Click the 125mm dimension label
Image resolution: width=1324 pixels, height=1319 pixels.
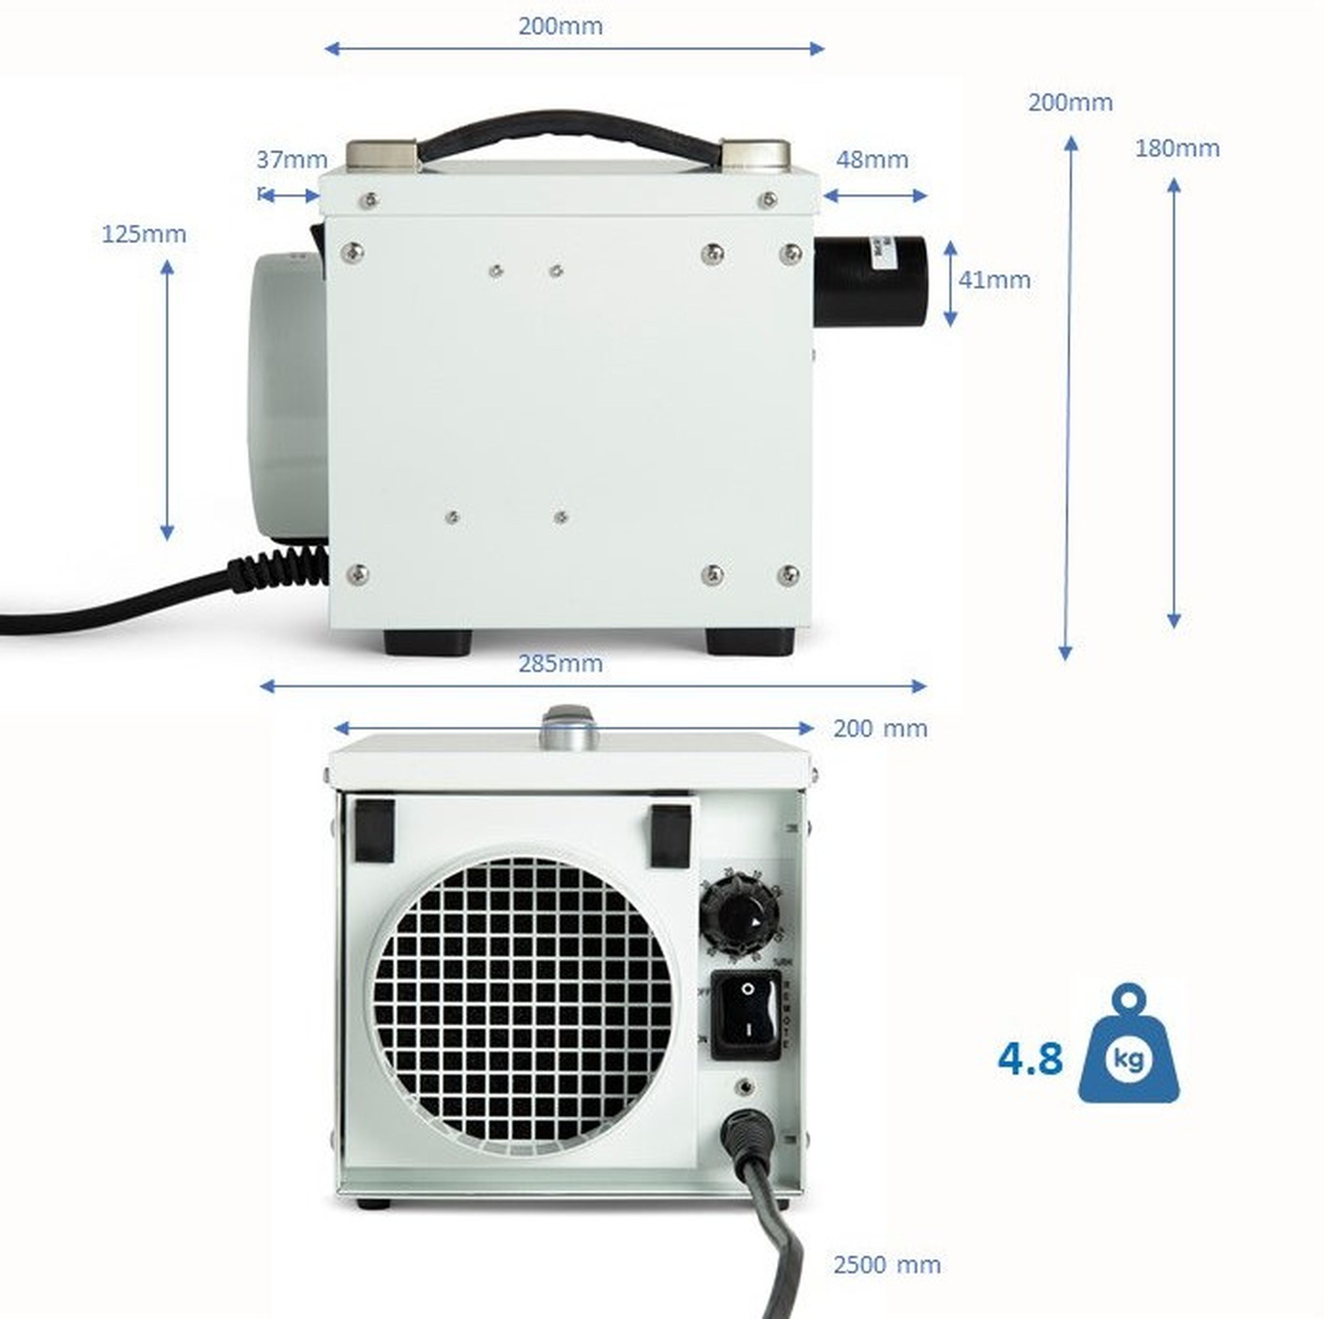click(x=144, y=234)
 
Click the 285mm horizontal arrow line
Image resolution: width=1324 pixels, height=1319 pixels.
click(x=593, y=686)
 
